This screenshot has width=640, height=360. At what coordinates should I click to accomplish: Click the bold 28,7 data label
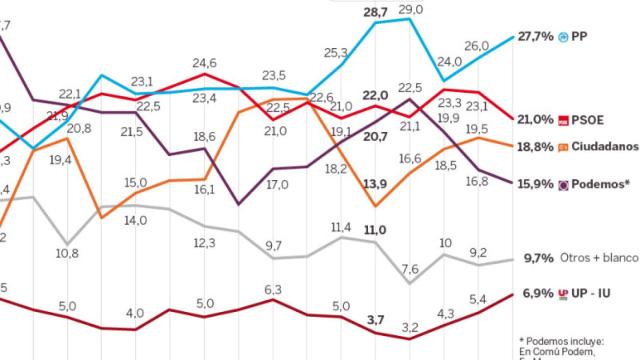pyautogui.click(x=376, y=12)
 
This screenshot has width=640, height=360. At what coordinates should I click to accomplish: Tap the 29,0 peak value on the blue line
pyautogui.click(x=410, y=9)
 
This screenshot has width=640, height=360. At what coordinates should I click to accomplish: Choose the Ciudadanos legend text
pyautogui.click(x=604, y=147)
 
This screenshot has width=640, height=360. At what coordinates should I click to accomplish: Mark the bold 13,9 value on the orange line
pyautogui.click(x=376, y=184)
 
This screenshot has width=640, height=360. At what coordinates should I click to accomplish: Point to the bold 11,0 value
pyautogui.click(x=375, y=230)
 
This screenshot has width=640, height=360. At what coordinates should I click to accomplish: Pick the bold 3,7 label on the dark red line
pyautogui.click(x=376, y=320)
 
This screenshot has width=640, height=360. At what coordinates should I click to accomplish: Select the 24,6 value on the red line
pyautogui.click(x=205, y=63)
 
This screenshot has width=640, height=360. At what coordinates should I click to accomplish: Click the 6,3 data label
pyautogui.click(x=273, y=291)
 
